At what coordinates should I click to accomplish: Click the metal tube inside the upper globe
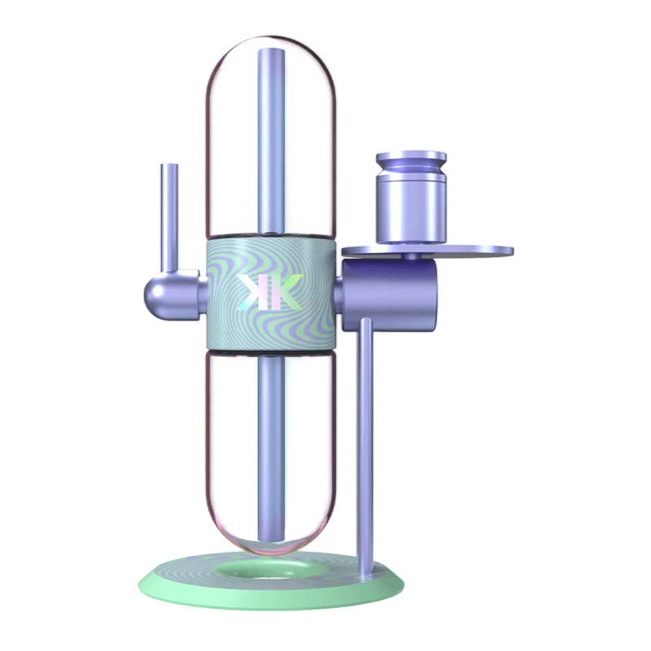272,141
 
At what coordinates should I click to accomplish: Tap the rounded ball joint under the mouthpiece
155,295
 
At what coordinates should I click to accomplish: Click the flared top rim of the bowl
411,158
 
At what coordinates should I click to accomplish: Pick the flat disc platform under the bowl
428,251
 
